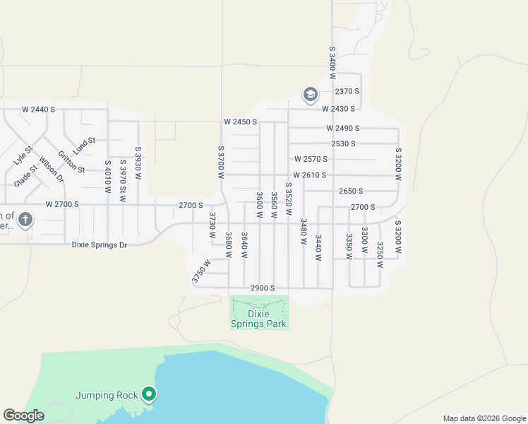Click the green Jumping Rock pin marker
149,394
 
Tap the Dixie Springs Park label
259,319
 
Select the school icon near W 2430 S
310,94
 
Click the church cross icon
25,219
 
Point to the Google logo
23,416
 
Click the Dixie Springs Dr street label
99,245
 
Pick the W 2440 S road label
38,110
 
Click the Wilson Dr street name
51,169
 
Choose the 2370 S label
347,92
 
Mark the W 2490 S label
342,128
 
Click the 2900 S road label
262,288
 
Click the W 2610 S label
310,175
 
